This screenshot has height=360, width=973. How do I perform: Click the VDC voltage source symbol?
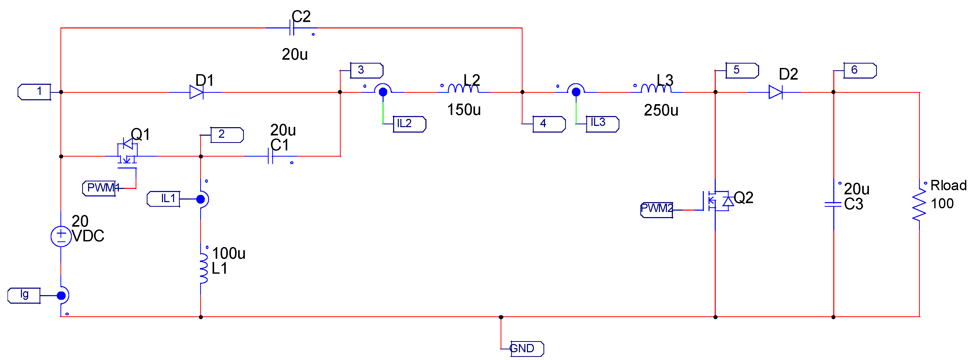click(x=61, y=236)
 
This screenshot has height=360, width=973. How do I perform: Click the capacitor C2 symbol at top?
click(x=292, y=28)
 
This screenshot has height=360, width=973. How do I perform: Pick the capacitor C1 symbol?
click(x=270, y=156)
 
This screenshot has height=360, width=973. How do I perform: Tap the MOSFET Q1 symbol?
click(x=127, y=153)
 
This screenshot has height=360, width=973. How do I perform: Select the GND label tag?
click(x=526, y=348)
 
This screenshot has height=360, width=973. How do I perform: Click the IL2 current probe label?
click(x=409, y=124)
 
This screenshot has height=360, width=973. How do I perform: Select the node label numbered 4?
click(x=548, y=124)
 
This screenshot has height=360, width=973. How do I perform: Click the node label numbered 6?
click(x=859, y=70)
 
